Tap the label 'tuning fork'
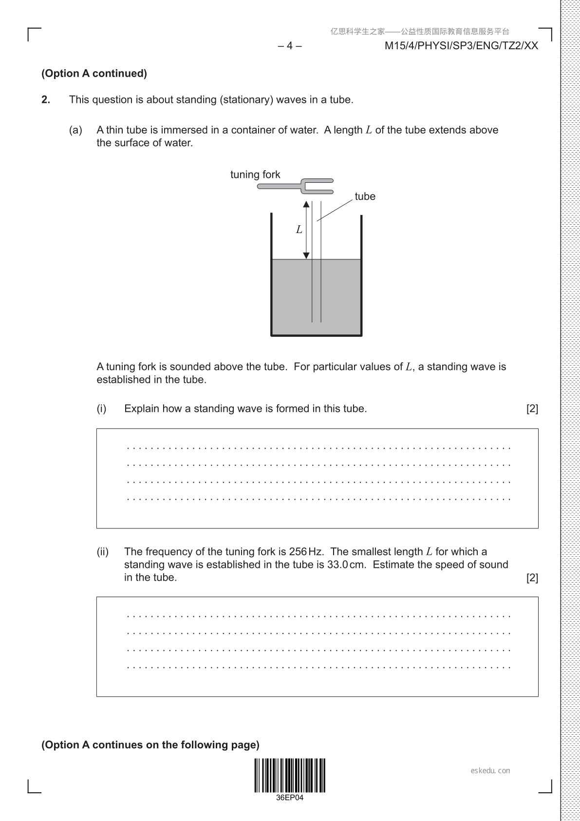click(x=255, y=175)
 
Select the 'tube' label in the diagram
click(x=365, y=196)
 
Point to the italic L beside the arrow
click(x=299, y=229)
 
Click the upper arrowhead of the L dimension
click(x=306, y=204)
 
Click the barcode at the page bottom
click(x=290, y=775)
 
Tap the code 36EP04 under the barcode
click(x=290, y=798)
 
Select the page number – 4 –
click(x=290, y=46)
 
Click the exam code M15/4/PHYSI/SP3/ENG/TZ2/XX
click(x=461, y=46)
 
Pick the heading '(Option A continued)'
click(x=94, y=74)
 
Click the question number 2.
click(x=46, y=100)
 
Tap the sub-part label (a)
click(x=75, y=130)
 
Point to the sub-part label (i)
click(x=101, y=409)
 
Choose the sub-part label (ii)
click(x=102, y=552)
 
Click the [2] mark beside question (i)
click(x=532, y=409)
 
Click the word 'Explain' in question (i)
click(x=141, y=409)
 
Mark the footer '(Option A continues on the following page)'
click(x=150, y=745)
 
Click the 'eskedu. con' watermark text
click(x=490, y=771)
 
